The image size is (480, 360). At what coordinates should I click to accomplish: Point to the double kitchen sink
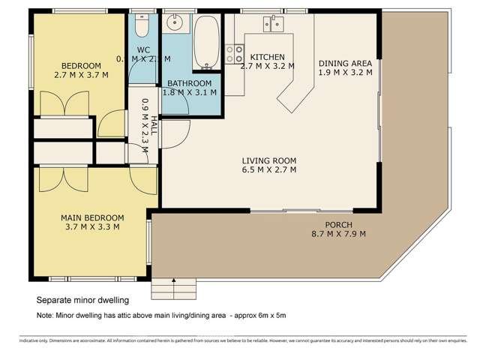click(272, 25)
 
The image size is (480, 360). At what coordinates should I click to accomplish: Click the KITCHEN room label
click(267, 57)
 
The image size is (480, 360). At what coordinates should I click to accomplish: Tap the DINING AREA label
click(345, 64)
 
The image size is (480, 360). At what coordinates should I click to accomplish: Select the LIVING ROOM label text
click(269, 160)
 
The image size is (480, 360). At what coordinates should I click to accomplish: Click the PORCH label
click(339, 224)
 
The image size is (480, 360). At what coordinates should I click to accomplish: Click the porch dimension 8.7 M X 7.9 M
click(339, 234)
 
